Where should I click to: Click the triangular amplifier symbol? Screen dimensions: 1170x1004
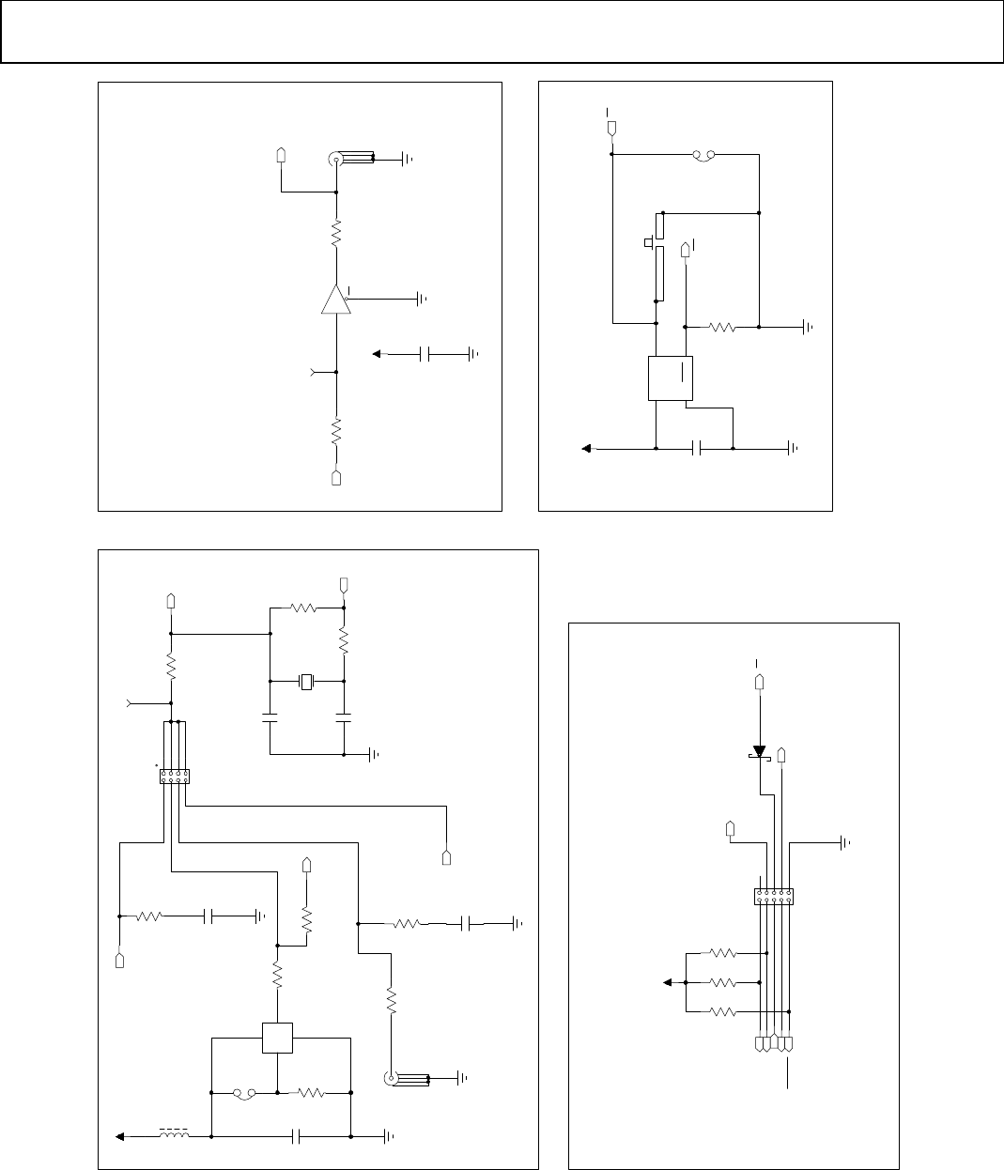point(335,300)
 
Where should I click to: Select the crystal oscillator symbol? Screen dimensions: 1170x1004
point(307,681)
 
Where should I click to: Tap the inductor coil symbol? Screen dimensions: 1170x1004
point(173,1134)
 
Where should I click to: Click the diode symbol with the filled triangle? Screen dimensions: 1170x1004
point(759,752)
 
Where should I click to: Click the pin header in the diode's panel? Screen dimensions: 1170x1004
point(773,897)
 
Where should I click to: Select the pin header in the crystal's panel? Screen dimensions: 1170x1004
point(175,777)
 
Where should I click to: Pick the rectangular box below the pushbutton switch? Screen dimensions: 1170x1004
point(671,378)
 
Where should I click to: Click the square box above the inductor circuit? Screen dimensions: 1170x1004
point(278,1039)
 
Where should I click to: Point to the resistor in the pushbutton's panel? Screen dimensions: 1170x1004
point(723,328)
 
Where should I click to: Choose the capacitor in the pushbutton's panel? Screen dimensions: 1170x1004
point(696,449)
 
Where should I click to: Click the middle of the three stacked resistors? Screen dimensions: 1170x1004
point(722,982)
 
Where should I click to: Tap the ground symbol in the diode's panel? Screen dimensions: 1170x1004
point(846,843)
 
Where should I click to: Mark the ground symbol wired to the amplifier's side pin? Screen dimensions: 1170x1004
point(422,300)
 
